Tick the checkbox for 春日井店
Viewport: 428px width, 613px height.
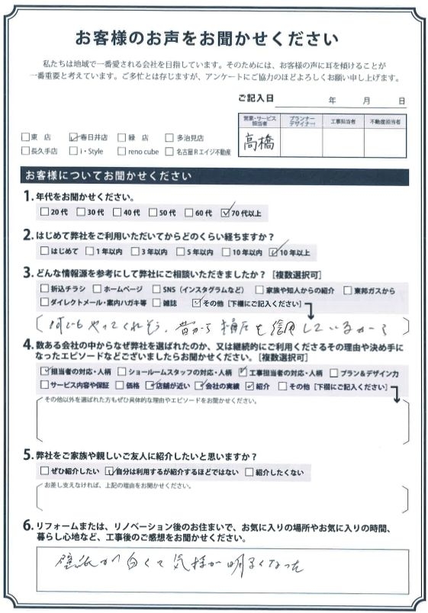72,138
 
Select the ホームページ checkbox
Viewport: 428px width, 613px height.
96,290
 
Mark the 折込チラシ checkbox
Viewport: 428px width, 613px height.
43,290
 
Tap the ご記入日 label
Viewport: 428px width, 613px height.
255,99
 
